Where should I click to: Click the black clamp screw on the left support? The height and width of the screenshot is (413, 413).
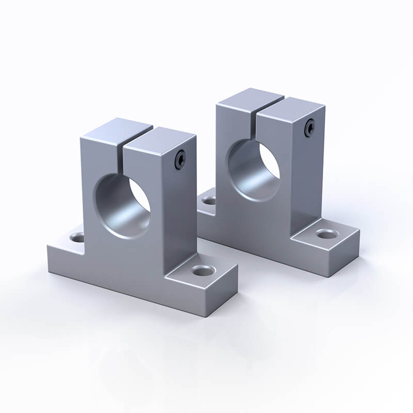pyautogui.click(x=179, y=160)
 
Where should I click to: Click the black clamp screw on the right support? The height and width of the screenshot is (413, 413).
pyautogui.click(x=309, y=126)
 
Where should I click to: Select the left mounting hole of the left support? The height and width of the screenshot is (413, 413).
pyautogui.click(x=78, y=238)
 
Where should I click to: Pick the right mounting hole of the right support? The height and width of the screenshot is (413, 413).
pyautogui.click(x=325, y=234)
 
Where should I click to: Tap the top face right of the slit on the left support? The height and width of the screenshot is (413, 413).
pyautogui.click(x=160, y=138)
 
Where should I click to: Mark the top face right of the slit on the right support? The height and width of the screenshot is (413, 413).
pyautogui.click(x=291, y=106)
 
